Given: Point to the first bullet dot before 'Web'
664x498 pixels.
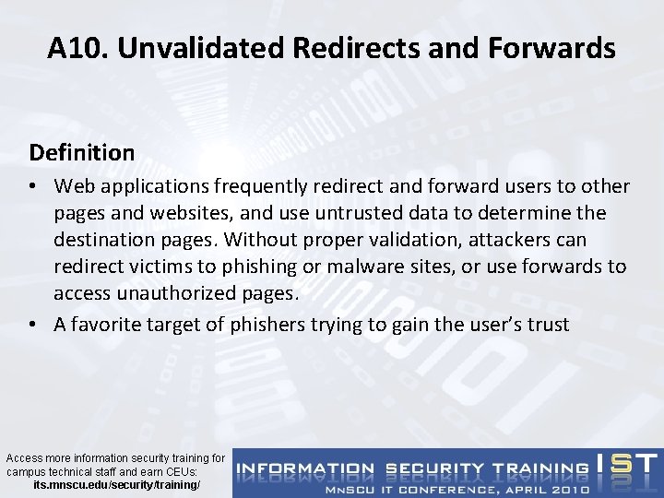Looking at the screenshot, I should pos(34,187).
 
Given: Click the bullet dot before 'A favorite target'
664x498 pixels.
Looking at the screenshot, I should pos(34,326).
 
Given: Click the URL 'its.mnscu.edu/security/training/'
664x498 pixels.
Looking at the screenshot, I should pos(115,484).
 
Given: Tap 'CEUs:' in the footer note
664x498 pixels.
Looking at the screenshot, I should pos(186,471).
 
